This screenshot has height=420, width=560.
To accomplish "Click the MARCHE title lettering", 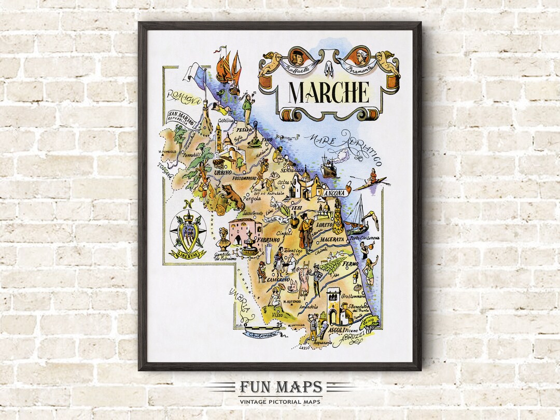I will tap(329, 92).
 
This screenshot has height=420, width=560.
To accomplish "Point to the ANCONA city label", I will tap(333, 193).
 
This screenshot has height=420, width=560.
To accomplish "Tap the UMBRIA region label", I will tap(244, 306).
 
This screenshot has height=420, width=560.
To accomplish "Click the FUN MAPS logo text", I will tap(281, 387).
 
